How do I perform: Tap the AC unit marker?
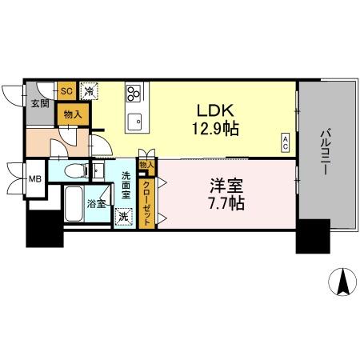285,144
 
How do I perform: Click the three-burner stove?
133,94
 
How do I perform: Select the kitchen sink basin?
135,123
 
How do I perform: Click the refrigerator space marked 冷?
90,90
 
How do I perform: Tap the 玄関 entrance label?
40,104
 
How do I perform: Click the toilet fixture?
74,170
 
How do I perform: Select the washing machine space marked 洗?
124,215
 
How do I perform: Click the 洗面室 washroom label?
126,186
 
